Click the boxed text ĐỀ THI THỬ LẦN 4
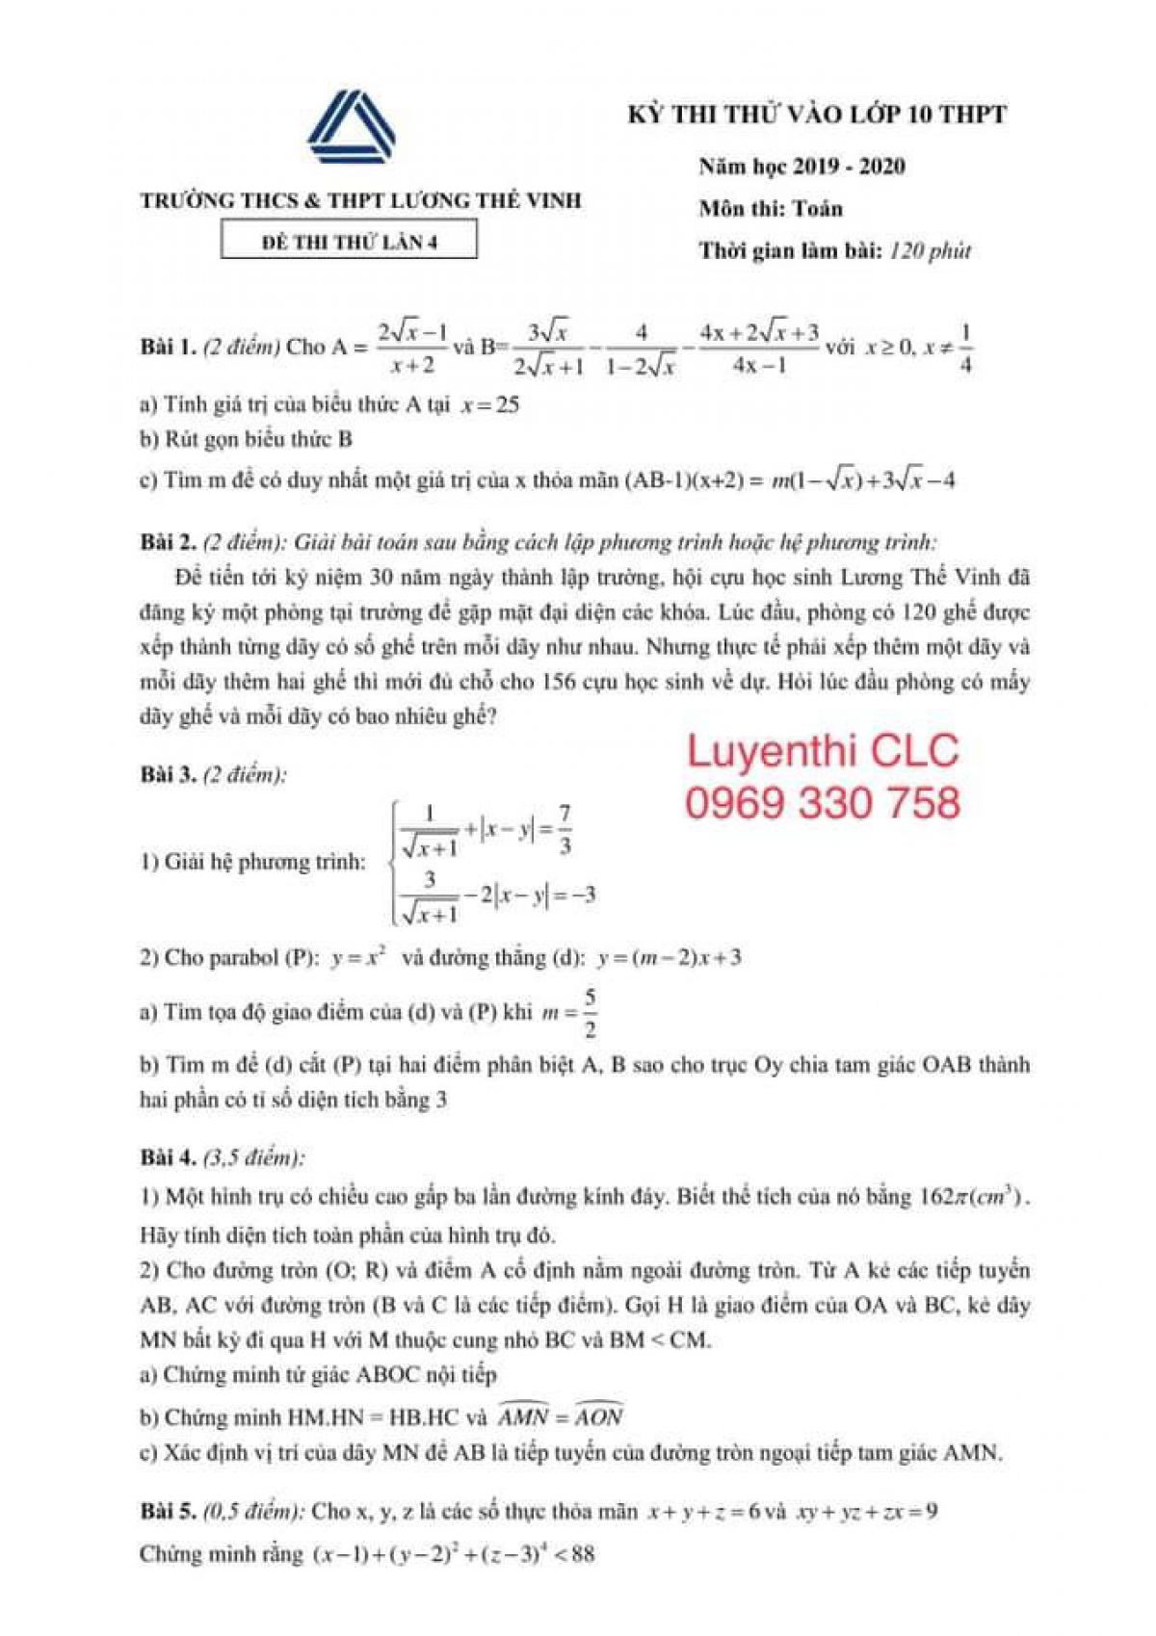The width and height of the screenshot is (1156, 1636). click(350, 242)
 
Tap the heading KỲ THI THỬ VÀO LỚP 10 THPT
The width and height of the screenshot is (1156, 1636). click(817, 115)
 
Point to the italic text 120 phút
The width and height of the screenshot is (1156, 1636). click(931, 251)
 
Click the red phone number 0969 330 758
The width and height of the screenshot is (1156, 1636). click(823, 802)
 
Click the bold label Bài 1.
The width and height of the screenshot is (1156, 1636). click(168, 347)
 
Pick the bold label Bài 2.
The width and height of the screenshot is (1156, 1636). click(168, 542)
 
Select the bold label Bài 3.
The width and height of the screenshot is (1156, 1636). click(168, 774)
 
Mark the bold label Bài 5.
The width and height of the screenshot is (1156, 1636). click(168, 1511)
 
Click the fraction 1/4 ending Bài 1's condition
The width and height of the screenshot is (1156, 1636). click(965, 348)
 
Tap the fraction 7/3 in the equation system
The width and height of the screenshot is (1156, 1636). click(565, 829)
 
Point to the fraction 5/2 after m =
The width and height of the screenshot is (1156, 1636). click(590, 1012)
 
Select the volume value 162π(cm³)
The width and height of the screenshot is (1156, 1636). click(973, 1197)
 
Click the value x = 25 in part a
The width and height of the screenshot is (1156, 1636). click(490, 404)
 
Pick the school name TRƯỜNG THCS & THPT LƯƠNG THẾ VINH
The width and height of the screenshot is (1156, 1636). click(361, 201)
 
